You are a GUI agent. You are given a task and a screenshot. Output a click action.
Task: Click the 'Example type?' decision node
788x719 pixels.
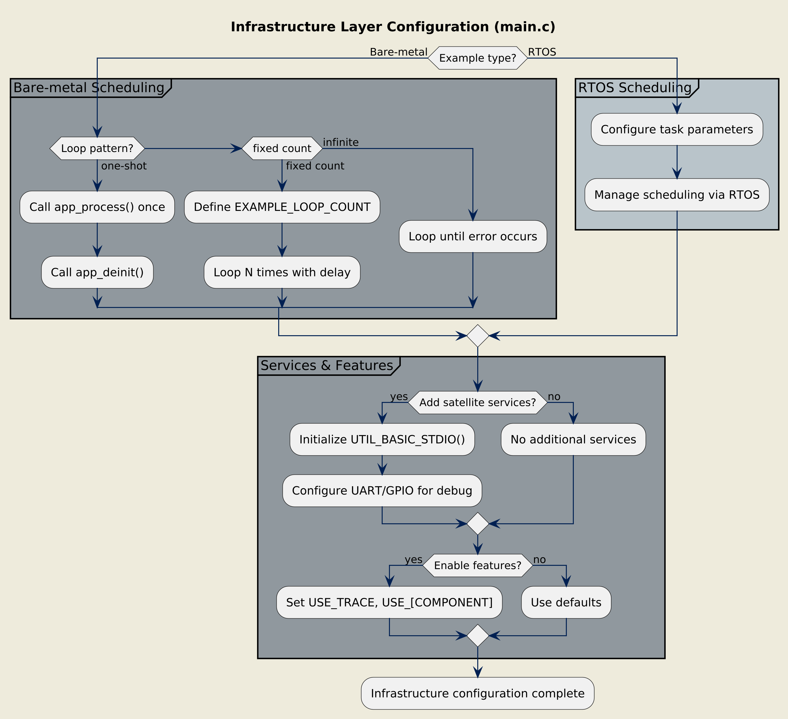click(478, 58)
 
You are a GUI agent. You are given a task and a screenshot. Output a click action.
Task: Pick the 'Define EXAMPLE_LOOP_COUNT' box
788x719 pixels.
click(282, 207)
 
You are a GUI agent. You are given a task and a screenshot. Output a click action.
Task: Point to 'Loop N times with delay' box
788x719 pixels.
click(282, 272)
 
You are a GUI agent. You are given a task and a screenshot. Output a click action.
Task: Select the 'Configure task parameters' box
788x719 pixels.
click(677, 129)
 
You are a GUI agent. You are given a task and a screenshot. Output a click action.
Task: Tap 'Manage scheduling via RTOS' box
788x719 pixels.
click(677, 194)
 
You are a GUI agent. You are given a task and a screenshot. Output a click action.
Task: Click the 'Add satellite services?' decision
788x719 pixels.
click(478, 403)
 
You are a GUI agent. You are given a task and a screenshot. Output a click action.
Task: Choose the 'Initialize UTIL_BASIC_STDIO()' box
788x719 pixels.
click(382, 440)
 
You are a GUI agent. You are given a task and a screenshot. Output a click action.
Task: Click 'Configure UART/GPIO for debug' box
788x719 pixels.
click(382, 491)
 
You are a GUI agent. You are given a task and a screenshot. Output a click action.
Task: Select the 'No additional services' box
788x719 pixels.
click(573, 440)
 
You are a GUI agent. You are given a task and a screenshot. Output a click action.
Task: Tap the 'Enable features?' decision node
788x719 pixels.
click(478, 565)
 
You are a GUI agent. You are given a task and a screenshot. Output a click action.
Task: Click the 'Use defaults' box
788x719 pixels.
click(566, 603)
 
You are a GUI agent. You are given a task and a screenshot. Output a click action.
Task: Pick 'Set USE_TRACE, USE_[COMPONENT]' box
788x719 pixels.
click(389, 603)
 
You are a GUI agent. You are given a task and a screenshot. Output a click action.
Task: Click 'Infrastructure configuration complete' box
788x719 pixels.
click(478, 694)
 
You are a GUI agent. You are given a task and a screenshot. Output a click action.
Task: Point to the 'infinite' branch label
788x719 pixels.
click(340, 142)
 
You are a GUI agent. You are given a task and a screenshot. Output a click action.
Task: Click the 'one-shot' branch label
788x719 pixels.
click(123, 166)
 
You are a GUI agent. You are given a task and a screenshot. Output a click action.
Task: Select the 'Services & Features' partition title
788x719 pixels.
click(326, 365)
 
